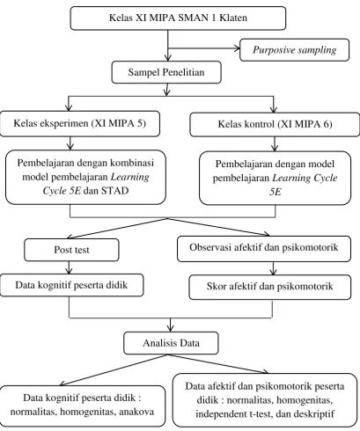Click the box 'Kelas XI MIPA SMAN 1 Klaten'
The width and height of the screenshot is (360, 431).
(178, 18)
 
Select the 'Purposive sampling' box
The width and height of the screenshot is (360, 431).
(294, 50)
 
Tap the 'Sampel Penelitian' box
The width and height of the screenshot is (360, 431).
(166, 72)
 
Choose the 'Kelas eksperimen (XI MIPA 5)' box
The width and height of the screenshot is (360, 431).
(80, 123)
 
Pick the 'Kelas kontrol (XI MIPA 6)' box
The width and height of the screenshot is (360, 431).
(275, 125)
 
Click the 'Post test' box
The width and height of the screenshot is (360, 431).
(71, 250)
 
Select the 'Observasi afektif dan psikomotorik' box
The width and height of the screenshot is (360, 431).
(264, 248)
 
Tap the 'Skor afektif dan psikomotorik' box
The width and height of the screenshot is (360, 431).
(269, 287)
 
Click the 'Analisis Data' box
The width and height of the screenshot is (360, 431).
(171, 343)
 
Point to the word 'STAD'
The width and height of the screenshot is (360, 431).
(115, 191)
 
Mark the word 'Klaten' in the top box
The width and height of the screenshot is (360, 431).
(233, 18)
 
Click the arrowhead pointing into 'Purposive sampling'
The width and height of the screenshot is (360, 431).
(237, 48)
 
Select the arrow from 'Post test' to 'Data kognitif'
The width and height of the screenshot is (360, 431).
(70, 267)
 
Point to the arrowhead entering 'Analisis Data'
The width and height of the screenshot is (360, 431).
(170, 329)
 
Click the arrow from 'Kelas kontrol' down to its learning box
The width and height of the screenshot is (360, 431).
(275, 144)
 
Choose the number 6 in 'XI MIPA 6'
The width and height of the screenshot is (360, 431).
(326, 125)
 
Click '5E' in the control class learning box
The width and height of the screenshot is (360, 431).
(276, 192)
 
